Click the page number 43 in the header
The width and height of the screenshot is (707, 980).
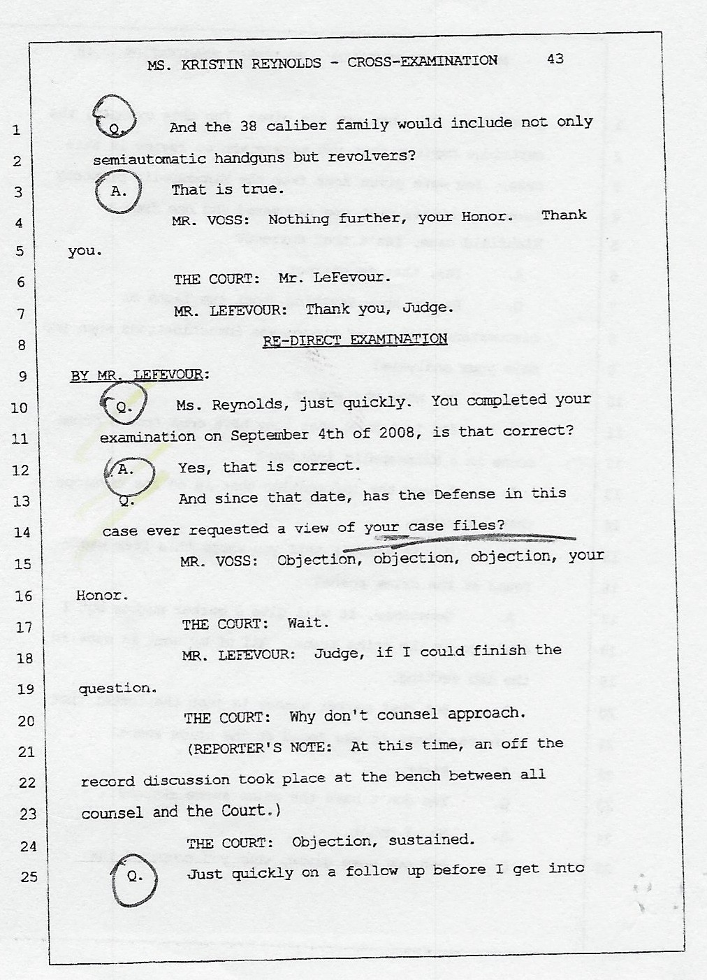[x=555, y=59]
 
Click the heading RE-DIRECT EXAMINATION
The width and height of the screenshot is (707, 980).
[x=355, y=340]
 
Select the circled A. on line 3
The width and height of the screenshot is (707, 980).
[x=118, y=192]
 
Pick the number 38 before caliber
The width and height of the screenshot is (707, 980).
[x=248, y=127]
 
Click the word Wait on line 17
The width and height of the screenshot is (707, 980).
[x=308, y=623]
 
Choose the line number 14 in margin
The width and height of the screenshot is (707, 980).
[x=23, y=533]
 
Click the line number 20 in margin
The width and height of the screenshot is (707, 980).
[x=26, y=721]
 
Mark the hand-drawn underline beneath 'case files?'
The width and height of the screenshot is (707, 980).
[x=459, y=541]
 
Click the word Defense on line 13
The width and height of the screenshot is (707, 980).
[x=465, y=495]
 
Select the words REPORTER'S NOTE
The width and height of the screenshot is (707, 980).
[x=263, y=749]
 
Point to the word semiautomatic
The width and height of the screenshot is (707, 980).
[x=149, y=159]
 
